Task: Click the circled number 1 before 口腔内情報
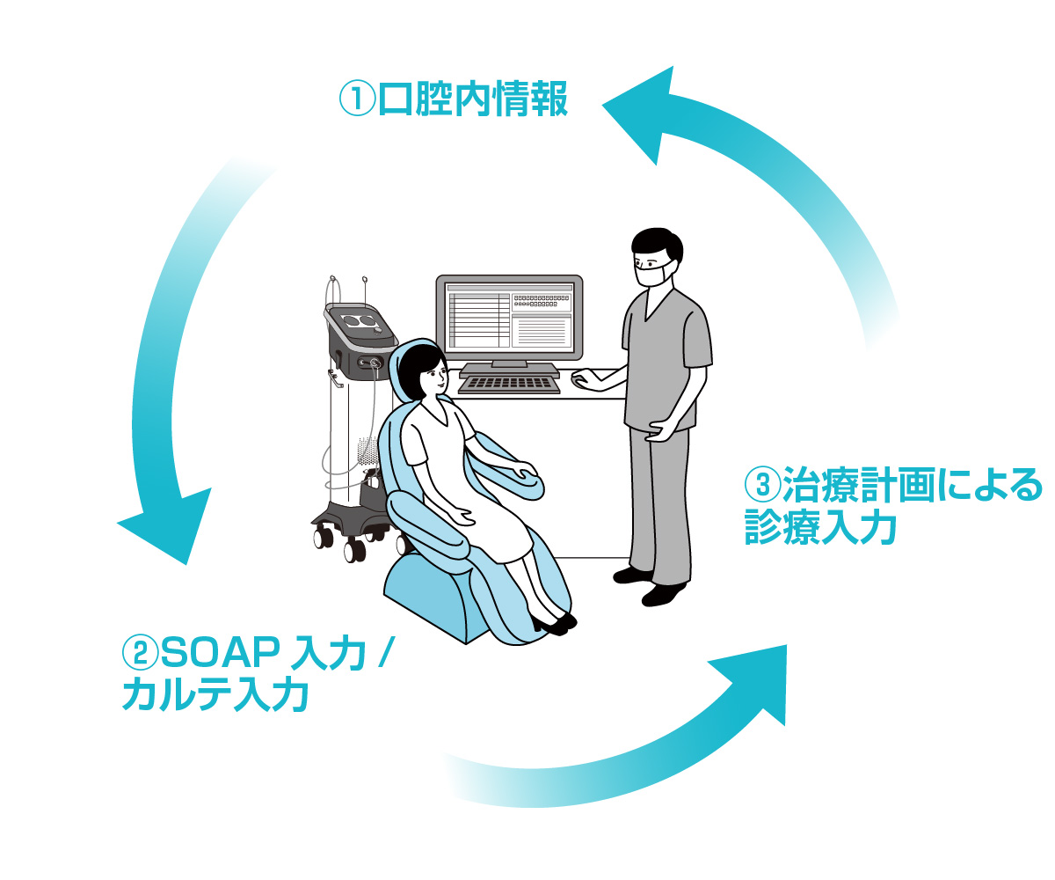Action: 355,99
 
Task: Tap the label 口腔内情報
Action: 473,99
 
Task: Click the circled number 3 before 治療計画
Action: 762,484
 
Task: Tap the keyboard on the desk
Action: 509,384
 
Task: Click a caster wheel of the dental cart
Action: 354,551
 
